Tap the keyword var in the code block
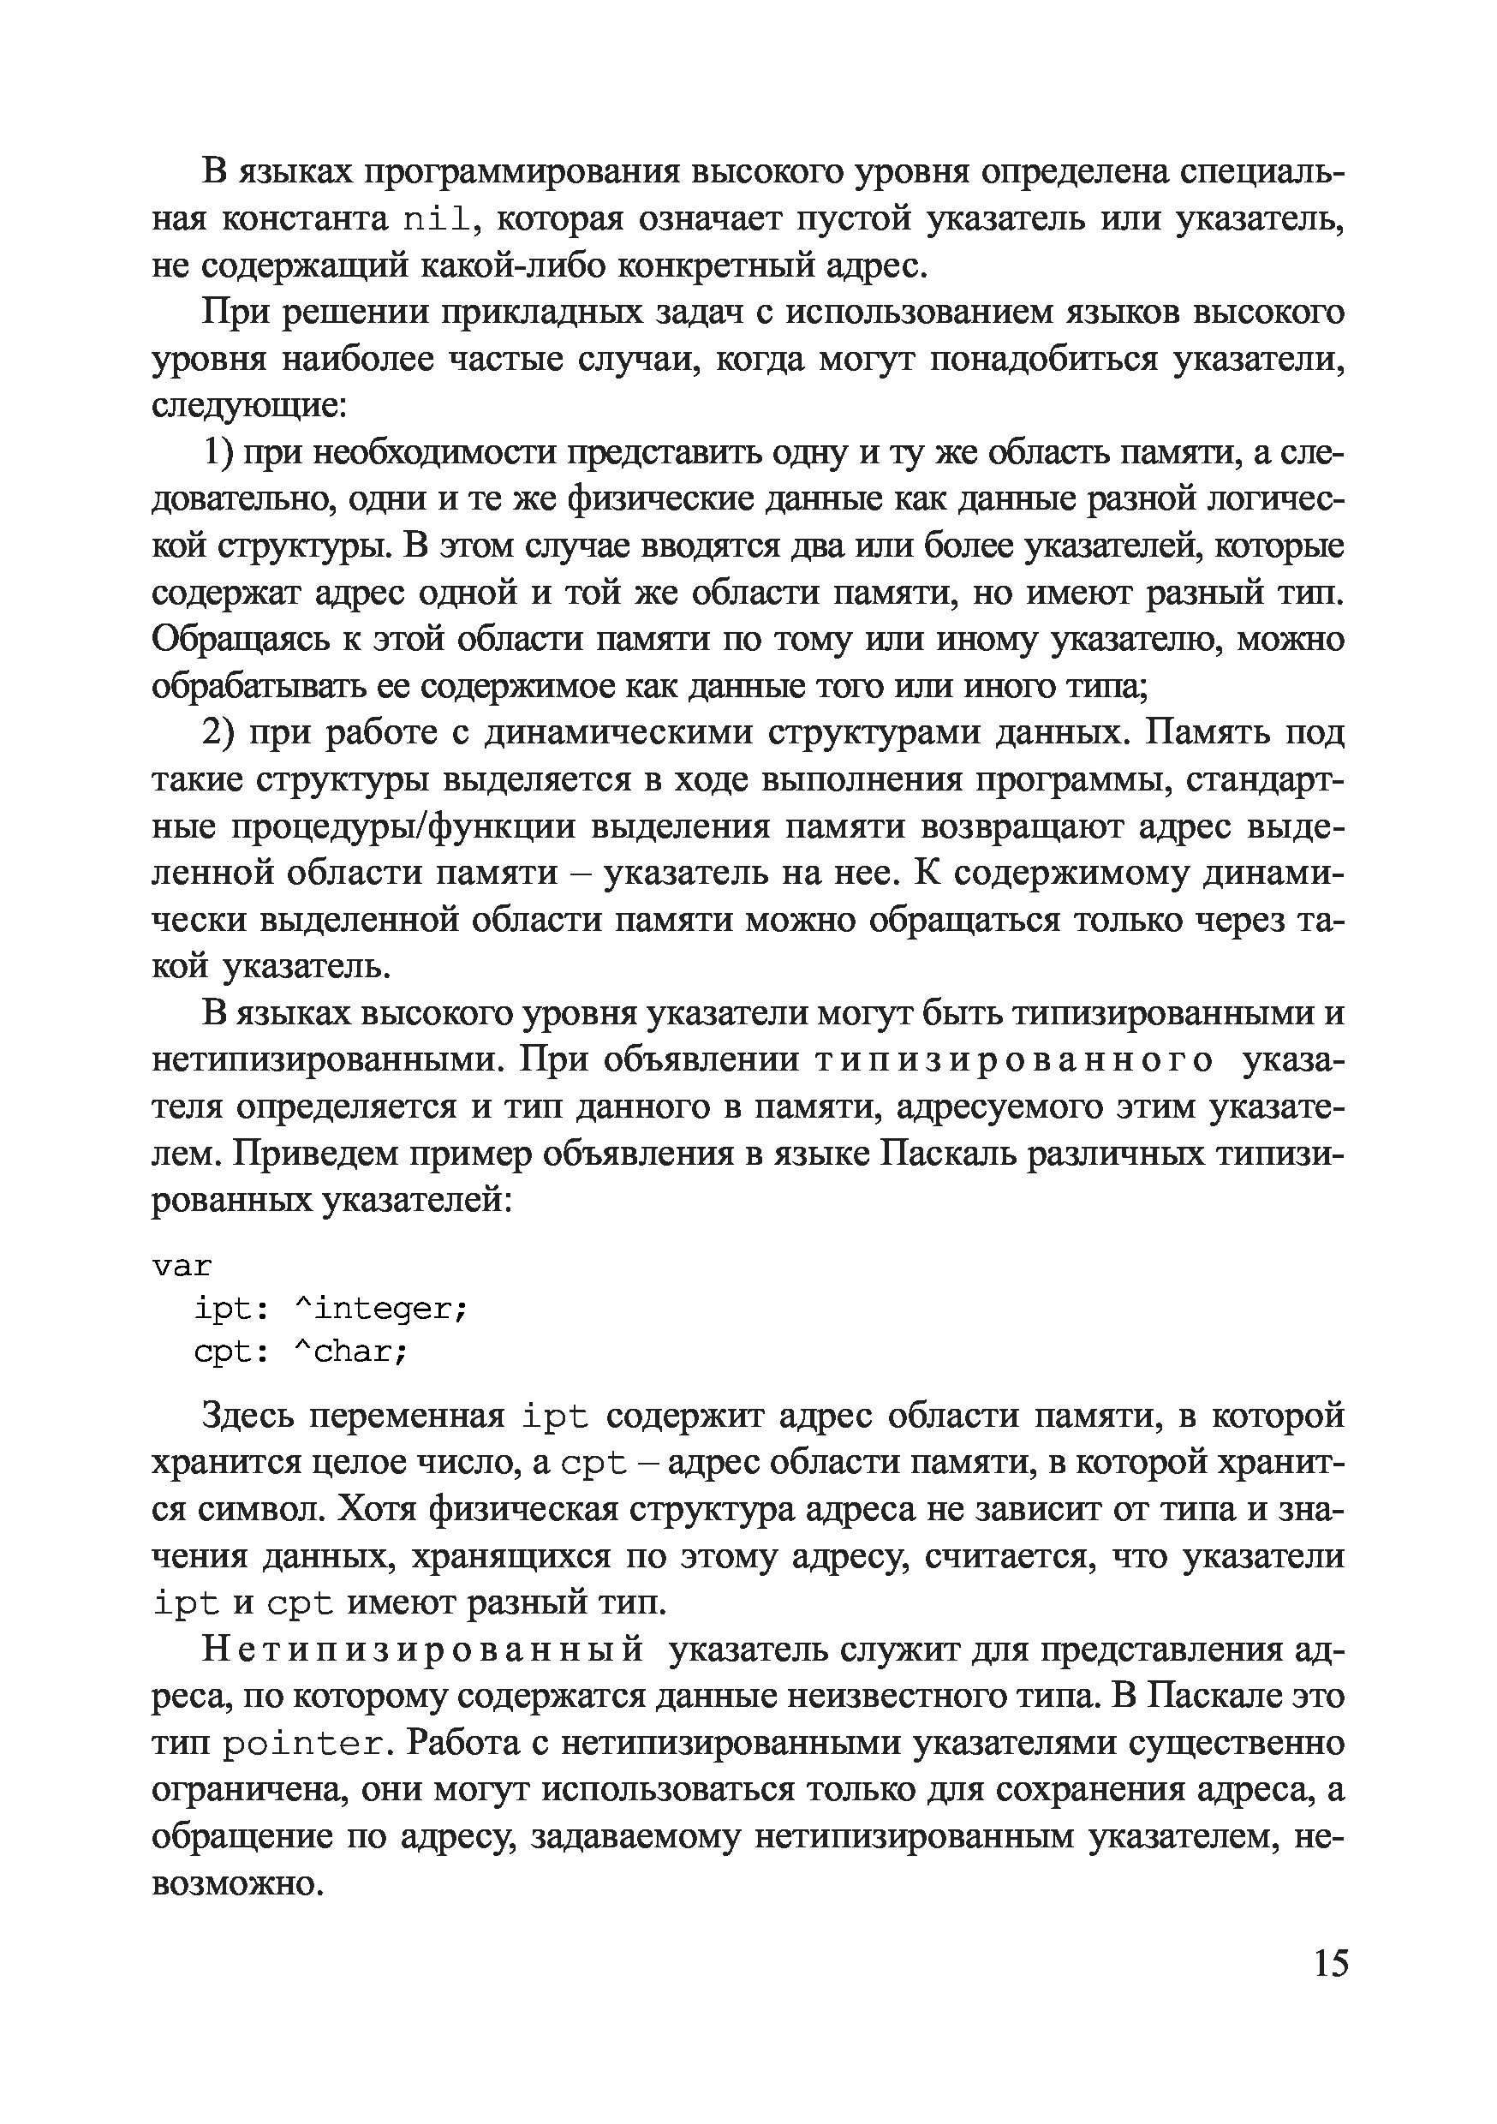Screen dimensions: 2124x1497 click(x=182, y=1266)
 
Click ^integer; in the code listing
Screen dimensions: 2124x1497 click(x=381, y=1308)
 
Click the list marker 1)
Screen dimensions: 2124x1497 click(x=221, y=452)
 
